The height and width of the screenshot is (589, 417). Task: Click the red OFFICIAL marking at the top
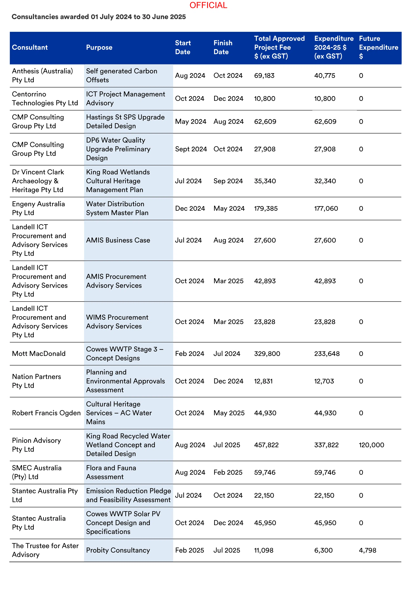click(208, 5)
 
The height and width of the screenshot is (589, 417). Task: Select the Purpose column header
click(99, 48)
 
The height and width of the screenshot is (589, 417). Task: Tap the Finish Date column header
click(223, 48)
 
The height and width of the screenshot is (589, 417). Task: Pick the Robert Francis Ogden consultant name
click(46, 413)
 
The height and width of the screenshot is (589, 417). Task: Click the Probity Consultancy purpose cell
click(118, 550)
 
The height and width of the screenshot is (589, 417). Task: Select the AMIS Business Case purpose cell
click(118, 240)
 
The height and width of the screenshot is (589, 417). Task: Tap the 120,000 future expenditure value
click(371, 445)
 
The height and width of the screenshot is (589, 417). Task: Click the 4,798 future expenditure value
click(367, 550)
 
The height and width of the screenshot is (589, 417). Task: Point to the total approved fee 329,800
click(267, 354)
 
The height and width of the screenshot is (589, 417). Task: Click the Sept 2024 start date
click(191, 149)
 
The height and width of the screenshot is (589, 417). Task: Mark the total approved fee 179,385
click(266, 208)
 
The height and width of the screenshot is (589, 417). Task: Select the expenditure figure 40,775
click(325, 76)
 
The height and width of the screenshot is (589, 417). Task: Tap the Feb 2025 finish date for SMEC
click(228, 472)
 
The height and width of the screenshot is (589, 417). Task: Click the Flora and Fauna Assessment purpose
click(111, 472)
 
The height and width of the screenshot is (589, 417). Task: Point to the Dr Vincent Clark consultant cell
click(38, 181)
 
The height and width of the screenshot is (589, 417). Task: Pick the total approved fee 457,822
click(266, 445)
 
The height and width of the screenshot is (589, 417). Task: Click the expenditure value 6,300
click(323, 550)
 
